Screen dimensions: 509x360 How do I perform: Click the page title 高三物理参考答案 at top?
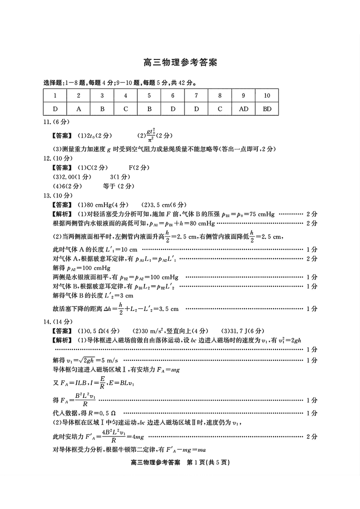(x=180, y=63)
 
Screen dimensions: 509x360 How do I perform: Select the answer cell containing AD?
(x=243, y=108)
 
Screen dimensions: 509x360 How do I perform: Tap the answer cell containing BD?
(x=267, y=108)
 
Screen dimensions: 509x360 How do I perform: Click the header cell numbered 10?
(x=267, y=95)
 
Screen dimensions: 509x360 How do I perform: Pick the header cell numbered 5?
(x=149, y=95)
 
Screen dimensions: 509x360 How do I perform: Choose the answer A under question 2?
(x=79, y=108)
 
